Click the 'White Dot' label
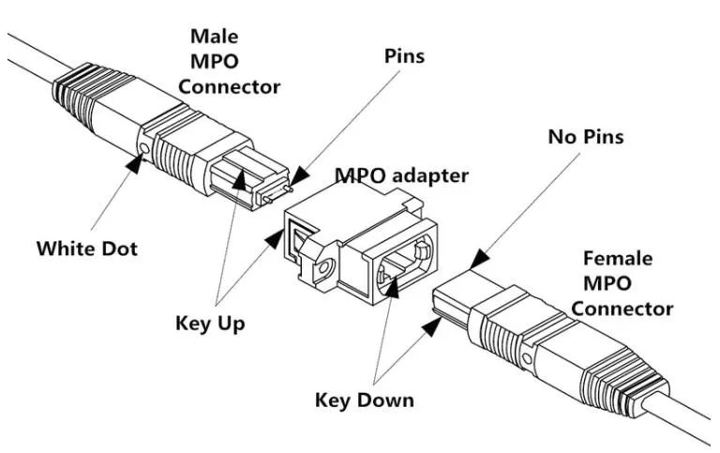point(87,249)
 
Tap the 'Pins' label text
point(405,56)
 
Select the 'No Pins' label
point(586,136)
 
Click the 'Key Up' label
point(210,324)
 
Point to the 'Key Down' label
point(365,400)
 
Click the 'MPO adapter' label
point(402,175)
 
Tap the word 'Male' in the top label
point(215,37)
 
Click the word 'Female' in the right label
point(618,258)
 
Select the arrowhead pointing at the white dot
point(135,163)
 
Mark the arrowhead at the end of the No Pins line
point(479,259)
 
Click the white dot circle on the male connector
point(144,148)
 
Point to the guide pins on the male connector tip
point(277,193)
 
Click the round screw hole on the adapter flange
point(324,267)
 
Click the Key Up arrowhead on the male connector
point(239,180)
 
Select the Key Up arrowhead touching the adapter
point(276,239)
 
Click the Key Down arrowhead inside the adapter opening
point(392,288)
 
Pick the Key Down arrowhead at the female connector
point(431,326)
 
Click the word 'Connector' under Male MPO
point(229,86)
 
